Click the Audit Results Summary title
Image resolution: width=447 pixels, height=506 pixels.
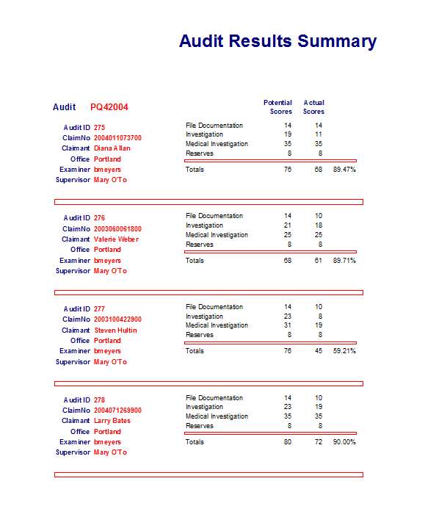point(277,41)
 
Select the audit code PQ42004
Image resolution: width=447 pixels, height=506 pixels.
point(109,107)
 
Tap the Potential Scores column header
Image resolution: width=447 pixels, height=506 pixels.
point(277,107)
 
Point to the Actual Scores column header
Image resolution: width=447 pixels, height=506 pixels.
point(313,107)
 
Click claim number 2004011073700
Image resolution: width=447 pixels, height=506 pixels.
point(117,138)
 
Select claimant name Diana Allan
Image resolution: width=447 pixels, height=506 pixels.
point(112,148)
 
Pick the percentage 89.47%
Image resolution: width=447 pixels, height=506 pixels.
point(344,170)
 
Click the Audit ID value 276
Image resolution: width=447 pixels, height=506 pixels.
point(100,218)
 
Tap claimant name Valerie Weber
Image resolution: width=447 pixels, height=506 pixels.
point(116,239)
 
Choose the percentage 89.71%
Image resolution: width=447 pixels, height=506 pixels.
point(344,261)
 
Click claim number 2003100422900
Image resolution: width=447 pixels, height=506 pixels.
point(117,319)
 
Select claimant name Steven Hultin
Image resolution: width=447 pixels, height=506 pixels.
point(116,330)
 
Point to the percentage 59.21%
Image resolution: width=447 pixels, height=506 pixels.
point(344,351)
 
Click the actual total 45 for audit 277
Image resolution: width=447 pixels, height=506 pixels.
point(319,351)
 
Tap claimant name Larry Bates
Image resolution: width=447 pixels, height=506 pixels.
point(112,421)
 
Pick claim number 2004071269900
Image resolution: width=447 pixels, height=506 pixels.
point(117,411)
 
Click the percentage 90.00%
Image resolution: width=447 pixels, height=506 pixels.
point(344,442)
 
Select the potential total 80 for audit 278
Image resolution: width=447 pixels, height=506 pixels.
point(288,442)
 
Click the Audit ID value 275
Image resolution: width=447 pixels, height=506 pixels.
point(100,128)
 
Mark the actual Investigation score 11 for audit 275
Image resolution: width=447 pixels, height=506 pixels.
point(319,135)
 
